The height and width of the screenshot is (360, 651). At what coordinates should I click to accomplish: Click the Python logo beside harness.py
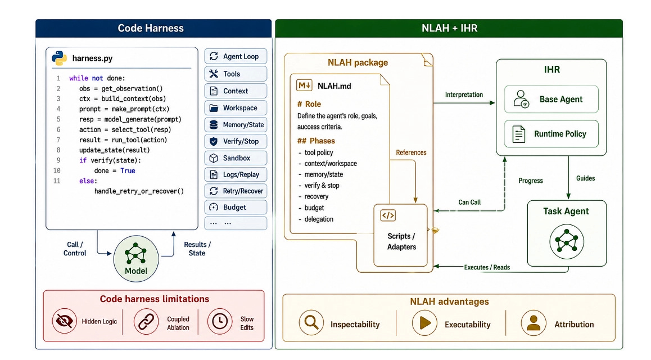coord(60,58)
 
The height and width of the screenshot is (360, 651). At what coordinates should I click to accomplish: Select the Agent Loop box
coord(236,56)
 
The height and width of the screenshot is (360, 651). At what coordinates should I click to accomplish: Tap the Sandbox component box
coord(236,158)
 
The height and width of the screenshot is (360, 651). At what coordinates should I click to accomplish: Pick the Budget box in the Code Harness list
coord(236,207)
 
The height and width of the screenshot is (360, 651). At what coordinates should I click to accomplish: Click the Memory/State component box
coord(236,124)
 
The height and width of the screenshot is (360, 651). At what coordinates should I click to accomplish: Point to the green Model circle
coord(136,258)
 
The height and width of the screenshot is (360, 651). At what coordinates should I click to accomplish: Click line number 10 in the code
coord(57,170)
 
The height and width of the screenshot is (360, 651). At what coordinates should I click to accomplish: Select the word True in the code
coord(128,170)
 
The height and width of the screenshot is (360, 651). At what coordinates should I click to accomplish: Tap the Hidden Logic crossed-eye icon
coord(64,321)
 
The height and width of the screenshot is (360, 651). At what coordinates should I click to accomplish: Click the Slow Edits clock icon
coord(220,321)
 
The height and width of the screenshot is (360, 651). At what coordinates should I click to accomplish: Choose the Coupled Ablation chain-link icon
coord(146,321)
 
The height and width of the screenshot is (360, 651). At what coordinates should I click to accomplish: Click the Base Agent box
coord(551,99)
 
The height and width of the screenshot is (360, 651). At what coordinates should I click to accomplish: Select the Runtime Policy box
coord(551,134)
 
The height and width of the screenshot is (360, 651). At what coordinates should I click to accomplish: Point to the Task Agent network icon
coord(567,241)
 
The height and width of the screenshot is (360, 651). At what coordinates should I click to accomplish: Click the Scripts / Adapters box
coord(401,235)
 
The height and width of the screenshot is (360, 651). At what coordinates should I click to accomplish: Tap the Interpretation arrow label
coord(464,94)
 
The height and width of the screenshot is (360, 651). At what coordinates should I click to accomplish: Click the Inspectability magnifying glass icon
coord(311,323)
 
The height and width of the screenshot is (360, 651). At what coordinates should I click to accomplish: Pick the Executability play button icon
coord(425,323)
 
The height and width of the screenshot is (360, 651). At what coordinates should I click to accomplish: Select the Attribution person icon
coord(534,323)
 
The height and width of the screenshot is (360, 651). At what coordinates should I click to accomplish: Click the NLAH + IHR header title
coord(449,28)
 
